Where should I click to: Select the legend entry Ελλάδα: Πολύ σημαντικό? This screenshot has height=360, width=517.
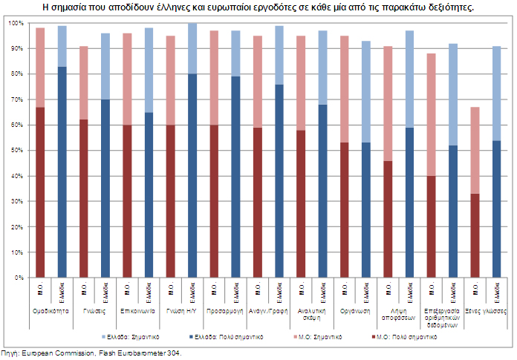pos(232,336)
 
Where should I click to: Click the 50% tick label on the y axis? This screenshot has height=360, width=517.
pos(16,151)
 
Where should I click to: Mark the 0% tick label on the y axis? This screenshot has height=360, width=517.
pos(18,278)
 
